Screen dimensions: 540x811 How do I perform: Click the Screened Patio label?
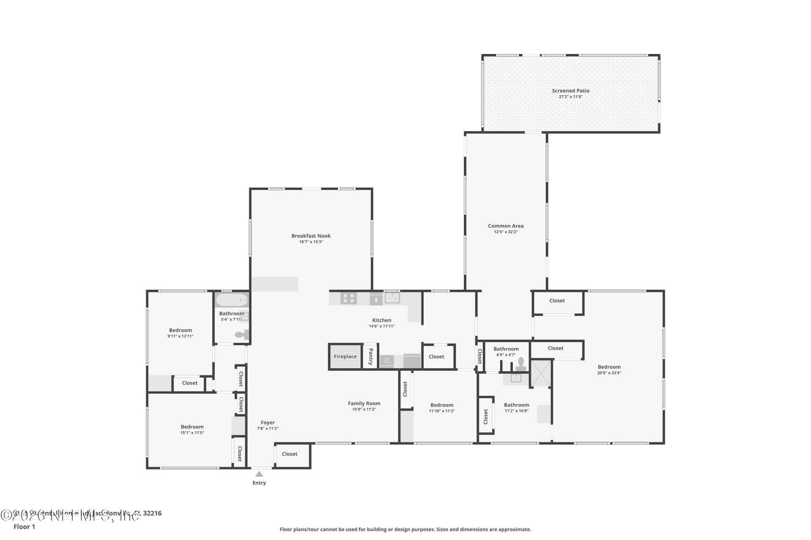point(570,91)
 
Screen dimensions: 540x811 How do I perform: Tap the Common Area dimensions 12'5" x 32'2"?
point(506,232)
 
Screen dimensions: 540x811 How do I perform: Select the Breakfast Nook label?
point(311,236)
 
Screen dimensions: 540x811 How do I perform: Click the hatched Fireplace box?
point(345,356)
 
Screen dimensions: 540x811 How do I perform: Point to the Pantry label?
point(370,356)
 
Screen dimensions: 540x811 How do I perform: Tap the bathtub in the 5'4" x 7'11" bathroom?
point(231,300)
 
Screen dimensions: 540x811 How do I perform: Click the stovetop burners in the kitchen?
point(349,298)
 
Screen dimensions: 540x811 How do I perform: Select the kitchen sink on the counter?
point(392,298)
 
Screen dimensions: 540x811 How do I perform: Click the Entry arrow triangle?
point(259,474)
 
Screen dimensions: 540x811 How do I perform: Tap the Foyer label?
point(268,422)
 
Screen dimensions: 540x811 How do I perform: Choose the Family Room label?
point(364,403)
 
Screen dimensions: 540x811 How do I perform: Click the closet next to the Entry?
point(290,454)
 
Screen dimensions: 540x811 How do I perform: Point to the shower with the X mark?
point(541,373)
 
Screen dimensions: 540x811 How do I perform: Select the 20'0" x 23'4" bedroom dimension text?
point(609,373)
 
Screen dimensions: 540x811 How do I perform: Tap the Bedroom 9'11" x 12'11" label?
point(180,330)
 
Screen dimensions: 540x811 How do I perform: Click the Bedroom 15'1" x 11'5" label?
point(192,427)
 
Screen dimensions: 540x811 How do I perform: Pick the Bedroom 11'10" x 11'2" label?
point(442,405)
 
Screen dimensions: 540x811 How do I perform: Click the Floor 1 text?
point(24,526)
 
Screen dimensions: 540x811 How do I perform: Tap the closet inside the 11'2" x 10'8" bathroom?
point(486,416)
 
